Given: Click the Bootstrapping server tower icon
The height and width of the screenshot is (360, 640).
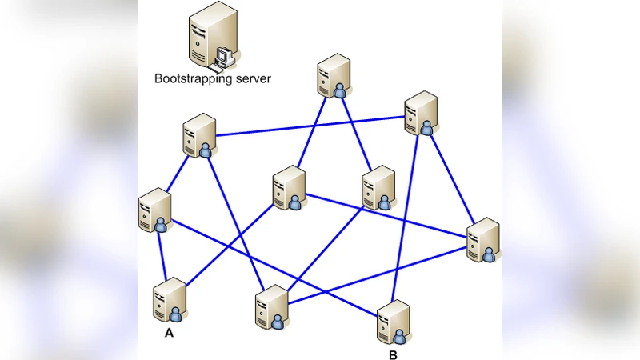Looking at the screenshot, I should (x=211, y=35).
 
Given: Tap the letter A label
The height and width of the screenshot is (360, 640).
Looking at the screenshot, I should (x=169, y=334).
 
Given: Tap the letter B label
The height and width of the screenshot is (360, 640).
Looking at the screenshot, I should (x=393, y=354).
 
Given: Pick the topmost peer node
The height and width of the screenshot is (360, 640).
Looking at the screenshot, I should (x=333, y=76).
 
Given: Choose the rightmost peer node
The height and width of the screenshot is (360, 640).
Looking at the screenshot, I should (x=483, y=239).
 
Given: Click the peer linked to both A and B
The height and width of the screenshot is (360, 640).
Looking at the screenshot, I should (x=154, y=211).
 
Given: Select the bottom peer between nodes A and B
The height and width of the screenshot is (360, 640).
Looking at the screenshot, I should (x=271, y=307).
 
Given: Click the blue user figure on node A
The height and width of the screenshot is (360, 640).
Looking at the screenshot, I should (x=178, y=312).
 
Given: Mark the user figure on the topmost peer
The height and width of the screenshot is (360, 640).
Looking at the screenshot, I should (x=341, y=91).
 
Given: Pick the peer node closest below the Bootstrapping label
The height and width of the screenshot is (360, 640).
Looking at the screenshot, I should (x=198, y=135).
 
